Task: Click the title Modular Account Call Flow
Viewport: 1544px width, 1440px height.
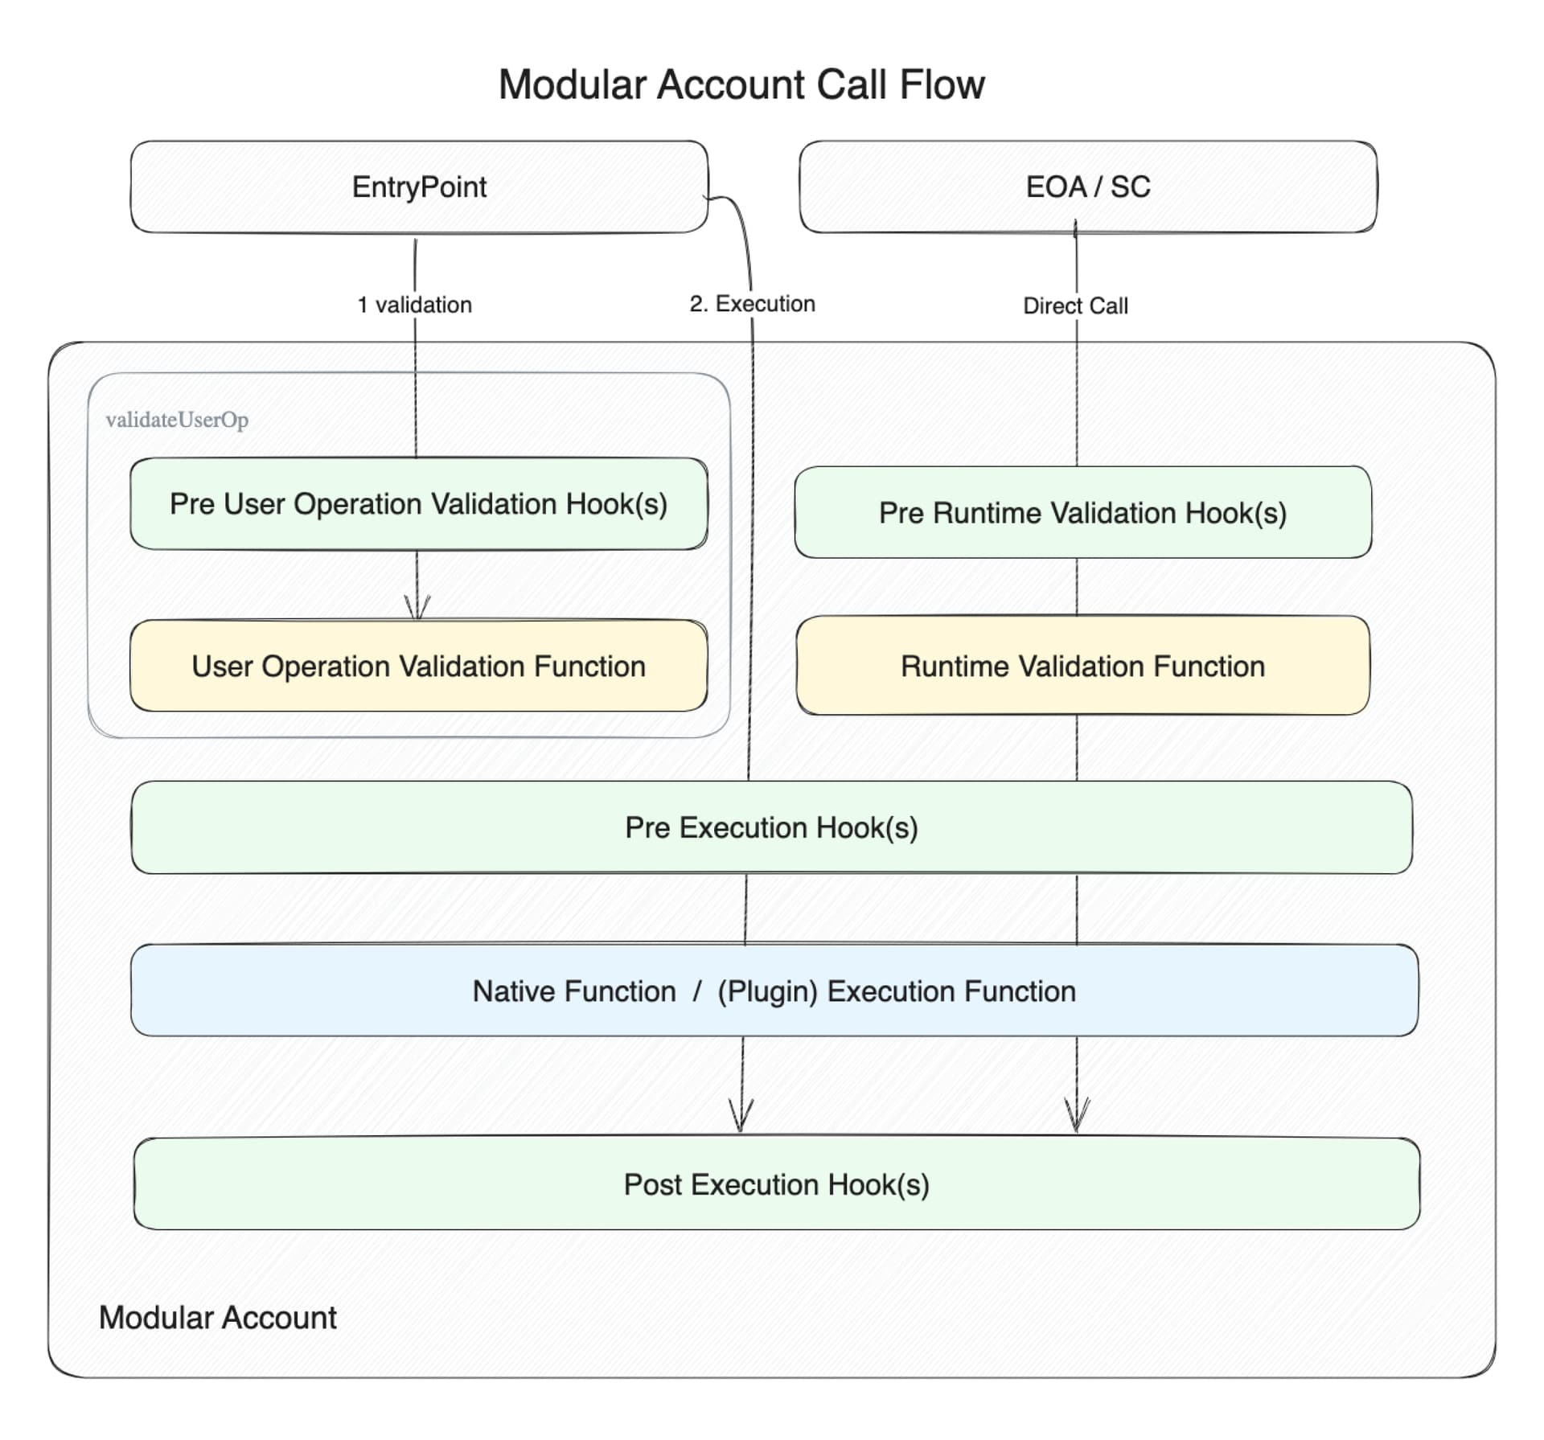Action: pos(741,84)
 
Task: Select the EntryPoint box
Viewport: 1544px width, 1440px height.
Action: pos(419,187)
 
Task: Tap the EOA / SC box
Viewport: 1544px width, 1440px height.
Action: pos(1087,187)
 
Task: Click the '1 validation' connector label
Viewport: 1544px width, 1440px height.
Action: pos(414,305)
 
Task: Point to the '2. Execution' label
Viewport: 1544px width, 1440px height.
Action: pos(752,304)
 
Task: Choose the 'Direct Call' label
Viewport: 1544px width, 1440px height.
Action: pos(1075,306)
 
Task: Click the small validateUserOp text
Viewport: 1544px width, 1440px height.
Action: pos(177,420)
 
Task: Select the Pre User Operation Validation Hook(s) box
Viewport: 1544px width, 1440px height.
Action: pos(418,504)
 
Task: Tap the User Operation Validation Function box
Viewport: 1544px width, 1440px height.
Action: pos(418,666)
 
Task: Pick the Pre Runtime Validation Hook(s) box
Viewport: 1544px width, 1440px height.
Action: pos(1082,513)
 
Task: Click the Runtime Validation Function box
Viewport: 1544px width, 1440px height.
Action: pos(1082,666)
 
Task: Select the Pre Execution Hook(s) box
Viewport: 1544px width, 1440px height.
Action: pos(771,827)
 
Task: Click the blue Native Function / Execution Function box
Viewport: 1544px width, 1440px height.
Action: pos(774,991)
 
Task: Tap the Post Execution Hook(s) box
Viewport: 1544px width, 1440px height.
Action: pos(776,1184)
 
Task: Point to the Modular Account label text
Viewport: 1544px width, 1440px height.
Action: pos(217,1318)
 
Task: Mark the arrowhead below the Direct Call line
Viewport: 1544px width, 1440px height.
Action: pos(1077,1116)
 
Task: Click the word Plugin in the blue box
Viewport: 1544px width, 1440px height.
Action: pos(767,991)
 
